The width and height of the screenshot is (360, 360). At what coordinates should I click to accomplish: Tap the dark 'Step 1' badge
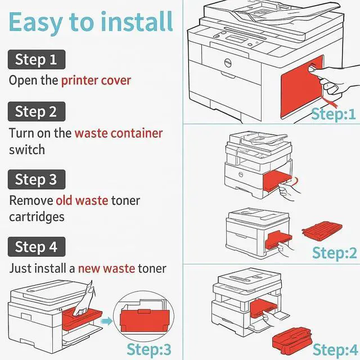36,59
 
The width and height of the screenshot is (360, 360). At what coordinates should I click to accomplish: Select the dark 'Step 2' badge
36,111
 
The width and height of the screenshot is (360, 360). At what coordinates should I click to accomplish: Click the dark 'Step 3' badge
36,179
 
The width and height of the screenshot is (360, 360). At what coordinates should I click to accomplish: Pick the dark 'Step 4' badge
36,246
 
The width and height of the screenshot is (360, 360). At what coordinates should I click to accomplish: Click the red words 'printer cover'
96,80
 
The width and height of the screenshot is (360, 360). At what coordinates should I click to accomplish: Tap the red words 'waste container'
119,133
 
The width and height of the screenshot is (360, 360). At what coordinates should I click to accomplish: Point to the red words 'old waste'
82,200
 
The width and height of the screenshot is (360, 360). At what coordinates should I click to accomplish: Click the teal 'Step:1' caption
334,114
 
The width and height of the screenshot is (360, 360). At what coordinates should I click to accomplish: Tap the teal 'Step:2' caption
335,253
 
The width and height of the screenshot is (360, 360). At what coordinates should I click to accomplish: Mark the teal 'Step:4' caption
335,349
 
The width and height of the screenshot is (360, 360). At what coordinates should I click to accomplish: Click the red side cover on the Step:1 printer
298,90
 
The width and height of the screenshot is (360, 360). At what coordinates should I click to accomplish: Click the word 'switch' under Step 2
27,150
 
